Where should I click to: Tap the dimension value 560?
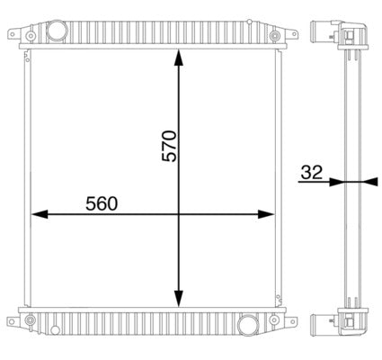pyautogui.click(x=102, y=204)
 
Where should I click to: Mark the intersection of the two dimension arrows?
pyautogui.click(x=178, y=214)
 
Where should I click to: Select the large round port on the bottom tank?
pyautogui.click(x=249, y=325)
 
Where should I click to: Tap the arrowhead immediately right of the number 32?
pyautogui.click(x=335, y=182)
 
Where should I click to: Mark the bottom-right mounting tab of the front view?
pyautogui.click(x=290, y=319)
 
